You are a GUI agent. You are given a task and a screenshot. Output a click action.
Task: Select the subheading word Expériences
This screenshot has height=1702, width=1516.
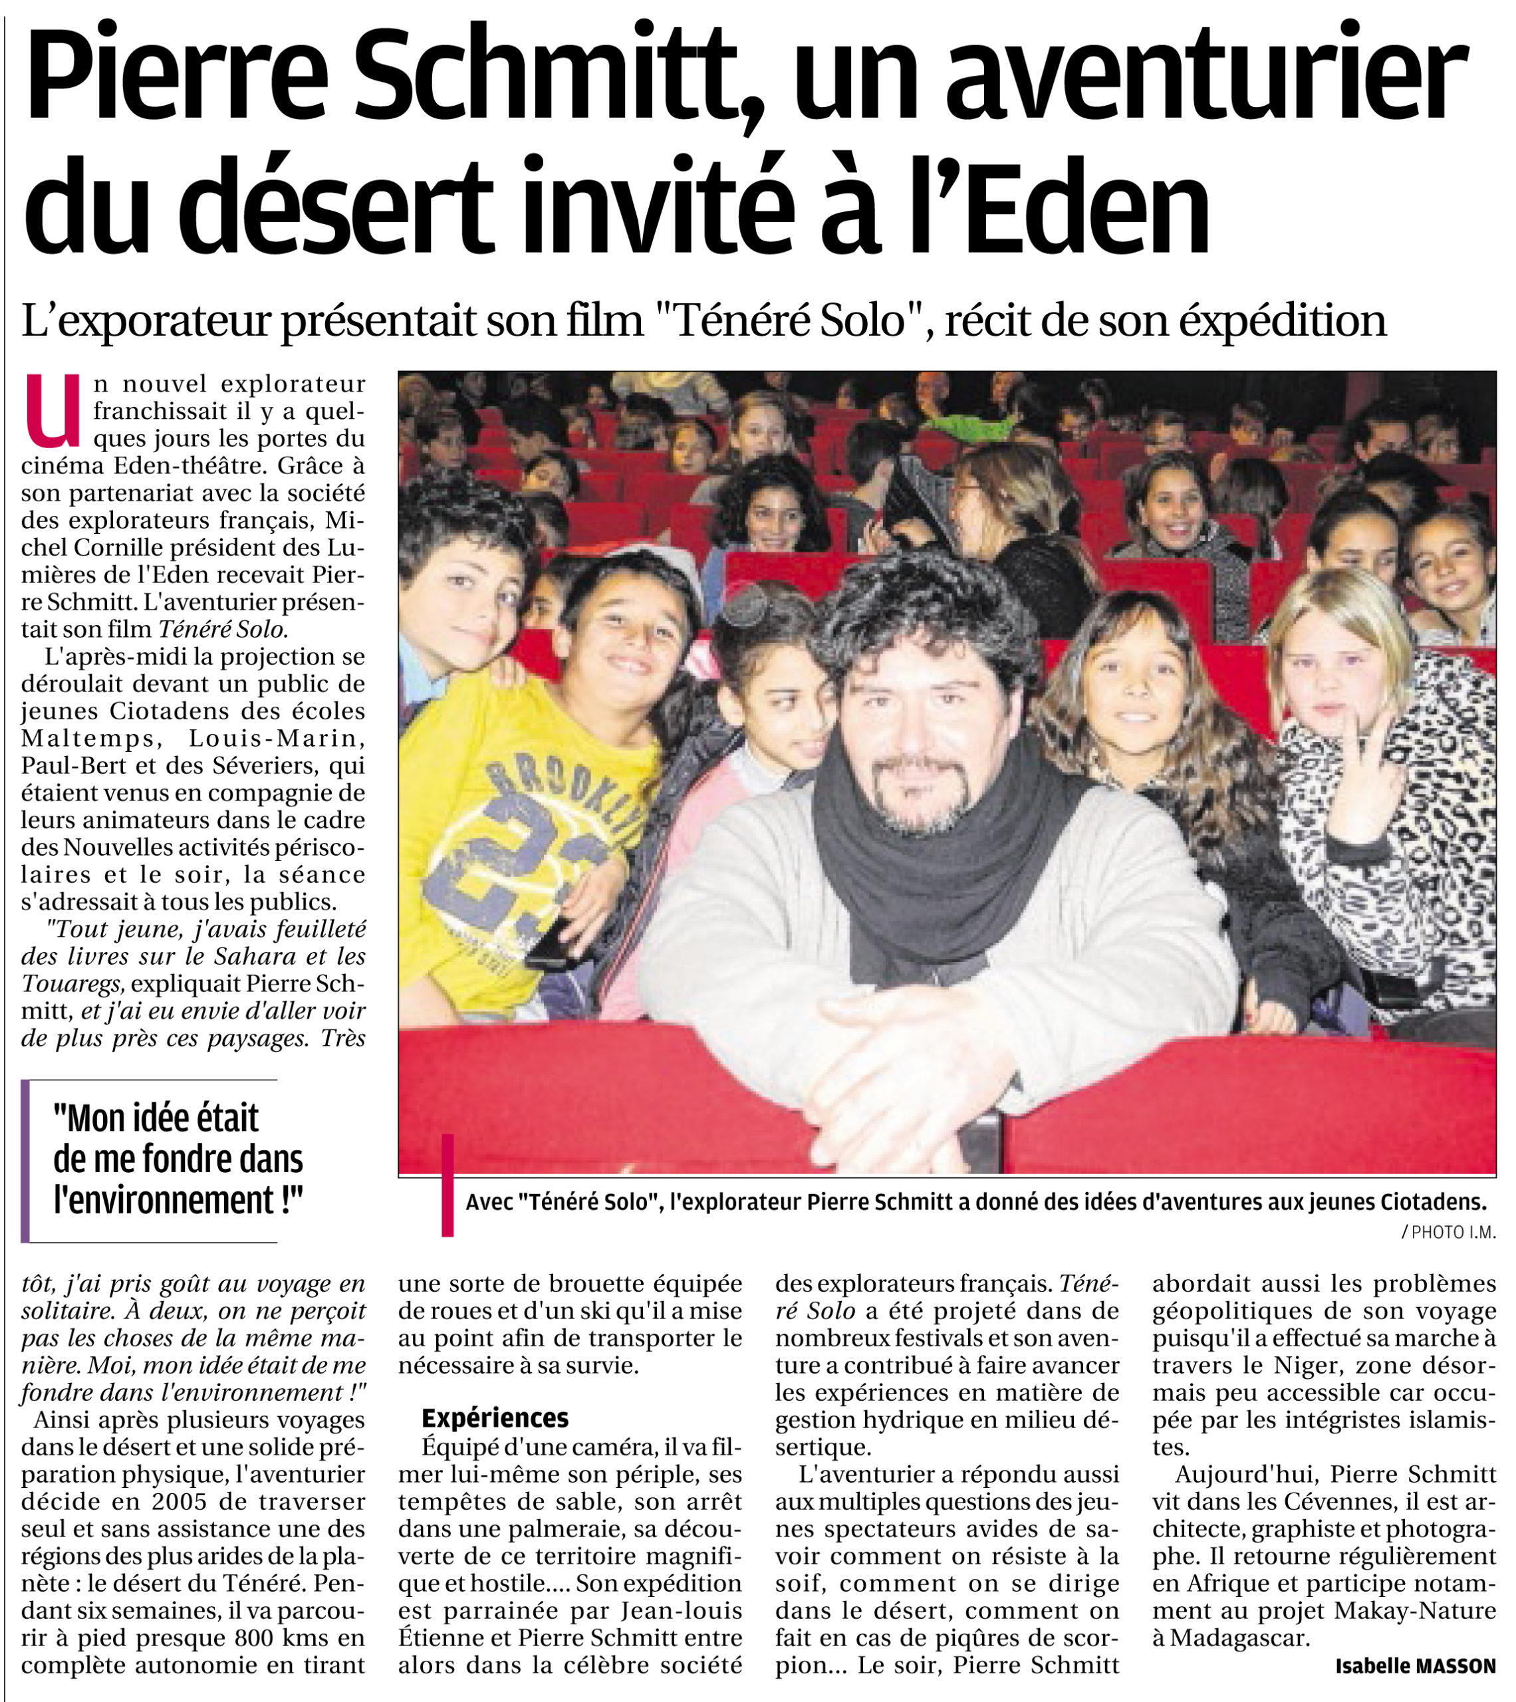[x=495, y=1417]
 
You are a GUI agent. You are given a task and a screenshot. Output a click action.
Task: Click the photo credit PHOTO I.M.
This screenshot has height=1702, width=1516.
[x=1453, y=1233]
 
